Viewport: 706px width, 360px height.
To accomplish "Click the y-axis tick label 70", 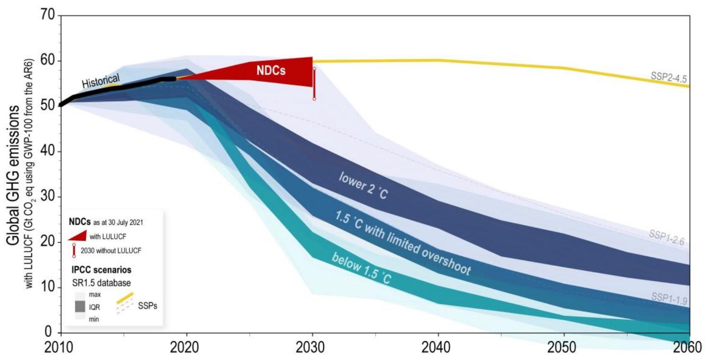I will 48,15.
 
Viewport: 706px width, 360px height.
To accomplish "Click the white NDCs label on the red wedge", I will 271,70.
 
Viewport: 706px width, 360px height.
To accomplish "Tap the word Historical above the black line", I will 101,81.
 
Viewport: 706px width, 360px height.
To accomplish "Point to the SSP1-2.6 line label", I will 666,238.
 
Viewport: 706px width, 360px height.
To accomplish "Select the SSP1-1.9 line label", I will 669,298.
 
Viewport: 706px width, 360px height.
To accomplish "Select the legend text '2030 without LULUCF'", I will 111,251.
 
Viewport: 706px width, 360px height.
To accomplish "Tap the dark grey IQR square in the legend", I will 80,306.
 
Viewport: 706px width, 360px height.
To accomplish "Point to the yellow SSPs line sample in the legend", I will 125,298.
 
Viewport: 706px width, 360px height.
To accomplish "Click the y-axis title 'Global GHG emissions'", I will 13,175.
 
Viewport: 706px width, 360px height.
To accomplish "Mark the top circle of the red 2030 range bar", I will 314,68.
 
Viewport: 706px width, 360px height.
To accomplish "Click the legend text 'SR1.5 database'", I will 101,283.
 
